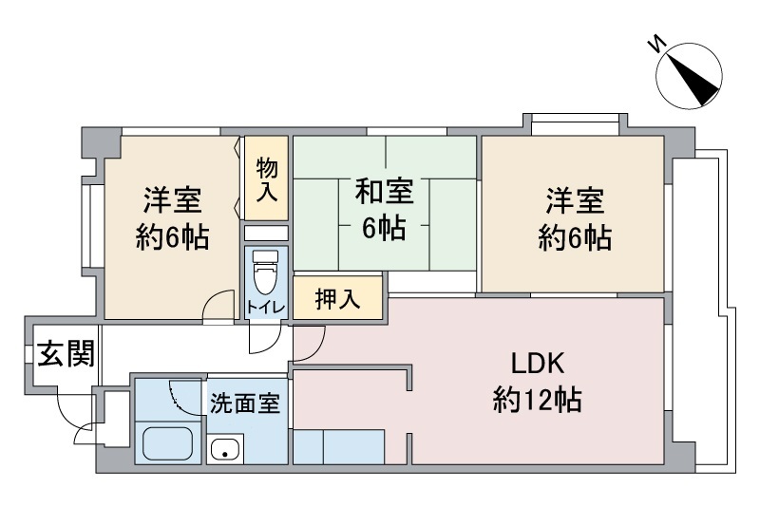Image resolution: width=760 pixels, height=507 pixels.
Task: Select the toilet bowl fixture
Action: [264, 274]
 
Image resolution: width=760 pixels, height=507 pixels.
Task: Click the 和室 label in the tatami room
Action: [384, 192]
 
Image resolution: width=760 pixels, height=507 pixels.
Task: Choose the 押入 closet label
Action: [337, 300]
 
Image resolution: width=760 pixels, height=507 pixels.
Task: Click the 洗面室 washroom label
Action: [245, 403]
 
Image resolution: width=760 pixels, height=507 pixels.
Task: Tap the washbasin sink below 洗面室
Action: [226, 449]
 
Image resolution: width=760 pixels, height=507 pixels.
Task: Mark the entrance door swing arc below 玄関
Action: [74, 413]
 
